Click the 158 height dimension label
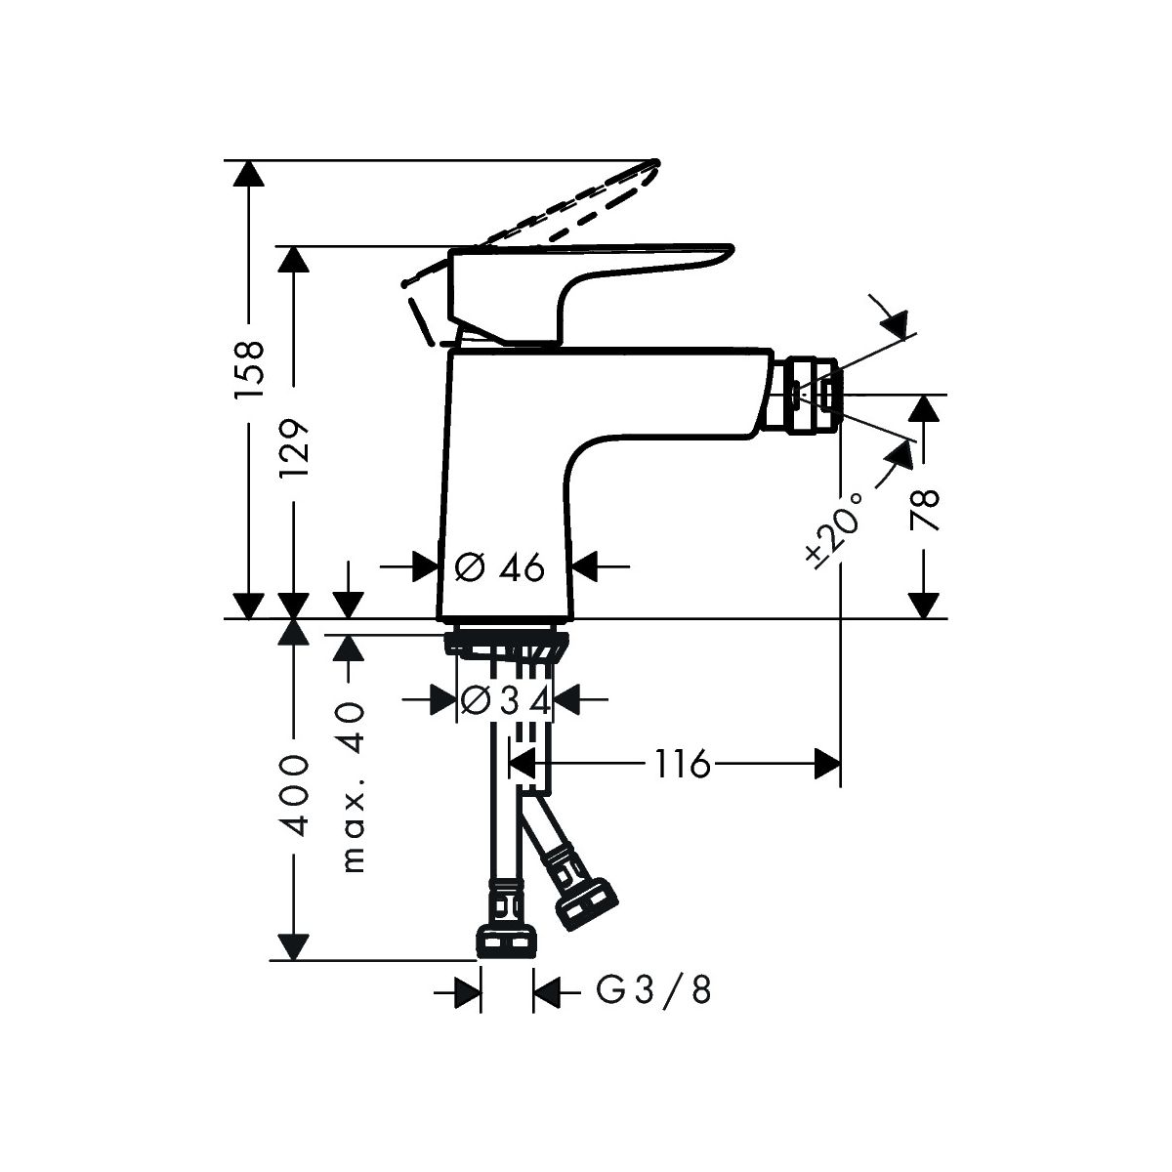pos(250,369)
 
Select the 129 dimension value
pos(295,448)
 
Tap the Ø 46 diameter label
pos(499,567)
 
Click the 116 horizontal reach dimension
pos(682,764)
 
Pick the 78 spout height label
pos(924,509)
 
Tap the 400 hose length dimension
pos(296,796)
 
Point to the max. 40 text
pos(353,787)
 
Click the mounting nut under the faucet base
pos(507,646)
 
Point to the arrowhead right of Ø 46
pos(584,566)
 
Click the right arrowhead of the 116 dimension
pos(827,764)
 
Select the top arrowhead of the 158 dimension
pos(249,173)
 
